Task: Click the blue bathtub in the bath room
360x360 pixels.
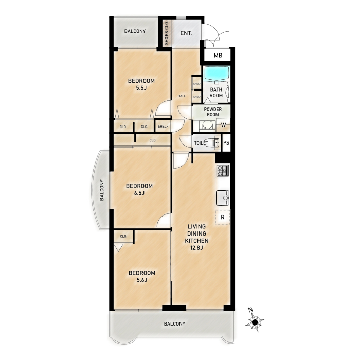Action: coord(217,73)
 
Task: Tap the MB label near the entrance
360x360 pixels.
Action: coord(218,56)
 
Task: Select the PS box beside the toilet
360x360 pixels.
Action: coord(226,143)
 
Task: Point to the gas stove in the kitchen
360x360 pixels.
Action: coord(223,171)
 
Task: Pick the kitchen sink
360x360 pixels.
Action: coord(223,198)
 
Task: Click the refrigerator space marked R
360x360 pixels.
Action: coord(223,217)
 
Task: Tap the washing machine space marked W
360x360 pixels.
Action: coord(223,125)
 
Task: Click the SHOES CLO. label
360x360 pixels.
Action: coord(167,32)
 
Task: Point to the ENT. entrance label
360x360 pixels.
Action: coord(186,33)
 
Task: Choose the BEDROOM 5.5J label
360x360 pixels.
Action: coord(141,84)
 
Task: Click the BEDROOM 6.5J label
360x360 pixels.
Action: coord(139,189)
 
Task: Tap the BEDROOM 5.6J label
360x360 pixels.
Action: coord(142,276)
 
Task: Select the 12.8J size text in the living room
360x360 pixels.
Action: coord(196,248)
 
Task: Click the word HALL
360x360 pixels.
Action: coord(182,96)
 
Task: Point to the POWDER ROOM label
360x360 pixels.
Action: coord(213,112)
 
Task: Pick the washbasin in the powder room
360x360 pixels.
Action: coord(207,126)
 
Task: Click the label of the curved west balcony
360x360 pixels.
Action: coord(102,190)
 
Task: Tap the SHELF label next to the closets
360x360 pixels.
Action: coord(163,127)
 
